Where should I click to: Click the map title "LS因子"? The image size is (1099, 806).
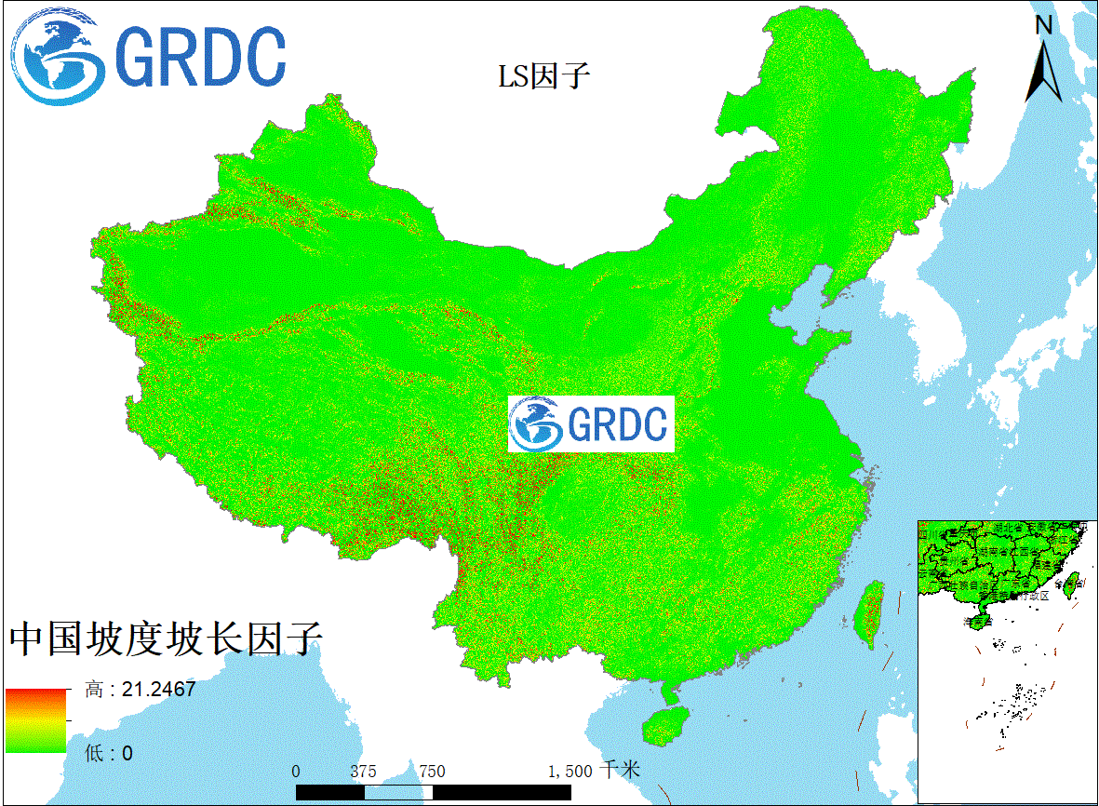pyautogui.click(x=544, y=75)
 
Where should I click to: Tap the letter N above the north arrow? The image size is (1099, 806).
pyautogui.click(x=1044, y=25)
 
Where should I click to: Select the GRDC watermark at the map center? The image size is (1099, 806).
pyautogui.click(x=591, y=424)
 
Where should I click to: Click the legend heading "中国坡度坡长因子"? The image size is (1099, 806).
pyautogui.click(x=166, y=639)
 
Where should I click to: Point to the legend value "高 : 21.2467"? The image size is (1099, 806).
pyautogui.click(x=141, y=690)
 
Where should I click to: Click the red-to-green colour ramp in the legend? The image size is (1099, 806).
pyautogui.click(x=36, y=720)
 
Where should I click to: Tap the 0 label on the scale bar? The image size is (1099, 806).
pyautogui.click(x=296, y=772)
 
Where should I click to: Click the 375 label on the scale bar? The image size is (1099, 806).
pyautogui.click(x=364, y=772)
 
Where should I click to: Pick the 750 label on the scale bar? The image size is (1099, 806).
pyautogui.click(x=432, y=772)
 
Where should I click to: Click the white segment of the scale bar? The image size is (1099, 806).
pyautogui.click(x=398, y=792)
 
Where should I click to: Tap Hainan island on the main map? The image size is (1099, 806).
pyautogui.click(x=665, y=724)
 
